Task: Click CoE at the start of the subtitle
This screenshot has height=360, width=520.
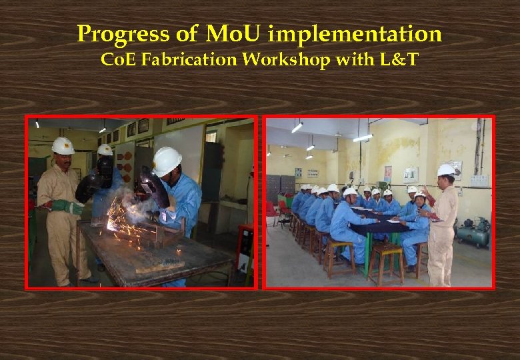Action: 114,60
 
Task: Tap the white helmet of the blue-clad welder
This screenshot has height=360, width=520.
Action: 166,160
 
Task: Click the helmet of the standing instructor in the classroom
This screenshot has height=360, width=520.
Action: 446,170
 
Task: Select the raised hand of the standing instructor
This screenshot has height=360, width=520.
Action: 427,193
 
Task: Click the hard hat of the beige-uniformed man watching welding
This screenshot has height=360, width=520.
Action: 63,145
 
